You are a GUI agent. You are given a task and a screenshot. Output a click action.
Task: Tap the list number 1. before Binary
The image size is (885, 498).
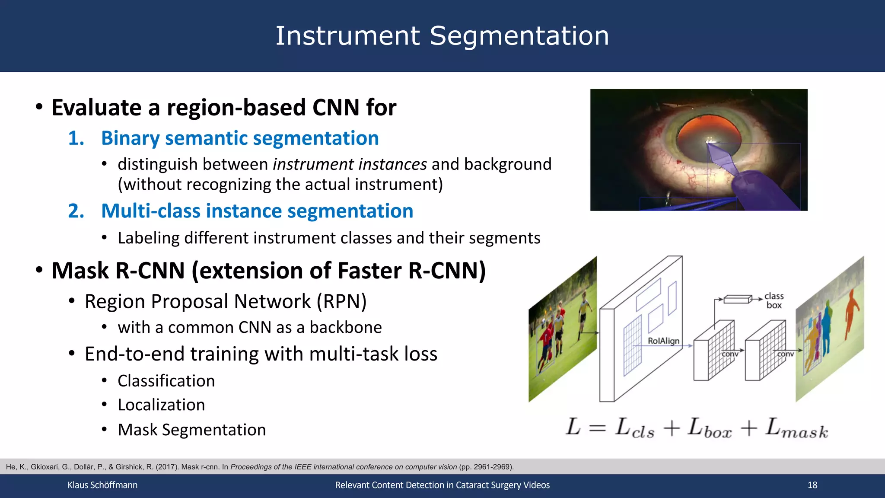[76, 138]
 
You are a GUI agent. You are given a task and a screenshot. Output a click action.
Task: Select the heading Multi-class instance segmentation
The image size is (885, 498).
[257, 211]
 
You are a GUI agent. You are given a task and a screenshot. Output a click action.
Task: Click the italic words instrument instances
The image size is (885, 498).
[350, 165]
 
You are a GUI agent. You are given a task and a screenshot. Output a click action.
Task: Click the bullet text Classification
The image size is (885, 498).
[166, 381]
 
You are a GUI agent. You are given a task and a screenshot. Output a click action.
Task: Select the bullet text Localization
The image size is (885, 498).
[161, 405]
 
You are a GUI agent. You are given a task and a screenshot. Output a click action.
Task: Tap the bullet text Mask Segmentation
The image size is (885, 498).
[191, 430]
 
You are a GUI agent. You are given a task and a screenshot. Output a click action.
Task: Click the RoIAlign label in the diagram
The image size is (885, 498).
[663, 341]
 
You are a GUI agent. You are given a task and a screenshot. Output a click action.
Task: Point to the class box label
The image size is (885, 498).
[774, 300]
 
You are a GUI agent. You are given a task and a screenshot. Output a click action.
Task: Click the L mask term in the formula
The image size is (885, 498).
[796, 428]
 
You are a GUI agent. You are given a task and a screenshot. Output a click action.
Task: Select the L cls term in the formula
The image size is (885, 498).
[634, 428]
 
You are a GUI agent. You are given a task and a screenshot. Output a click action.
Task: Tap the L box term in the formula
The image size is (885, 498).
[710, 428]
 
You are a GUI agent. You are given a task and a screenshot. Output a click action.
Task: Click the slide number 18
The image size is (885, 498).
[812, 485]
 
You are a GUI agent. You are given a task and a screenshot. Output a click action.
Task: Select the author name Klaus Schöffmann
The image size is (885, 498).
[102, 485]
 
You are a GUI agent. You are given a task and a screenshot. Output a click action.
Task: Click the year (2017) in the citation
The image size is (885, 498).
[167, 467]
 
